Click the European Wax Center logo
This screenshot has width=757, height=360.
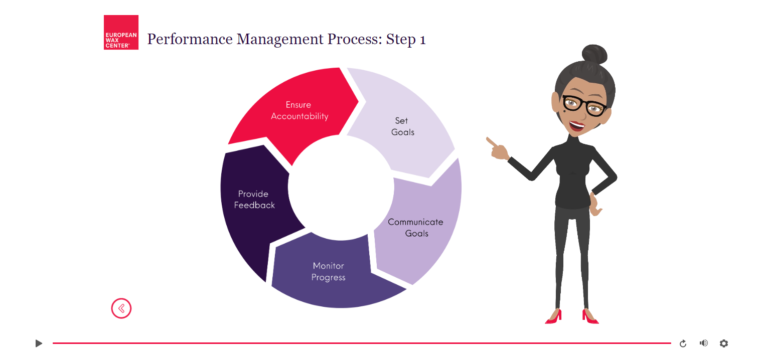[121, 33]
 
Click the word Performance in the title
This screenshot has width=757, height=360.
[190, 39]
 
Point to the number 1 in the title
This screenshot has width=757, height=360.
[422, 40]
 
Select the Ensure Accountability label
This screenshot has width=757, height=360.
[299, 110]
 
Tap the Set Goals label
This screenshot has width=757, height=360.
[402, 126]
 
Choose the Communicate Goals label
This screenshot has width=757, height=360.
[416, 228]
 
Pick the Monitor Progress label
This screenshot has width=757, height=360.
[329, 272]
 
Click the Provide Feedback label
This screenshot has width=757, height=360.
[254, 199]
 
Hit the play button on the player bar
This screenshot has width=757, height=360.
[39, 343]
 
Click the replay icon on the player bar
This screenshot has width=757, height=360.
[683, 343]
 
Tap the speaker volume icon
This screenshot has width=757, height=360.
[704, 343]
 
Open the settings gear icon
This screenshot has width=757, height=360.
[724, 343]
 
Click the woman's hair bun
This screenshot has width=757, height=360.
[594, 54]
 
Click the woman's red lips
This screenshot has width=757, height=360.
[576, 126]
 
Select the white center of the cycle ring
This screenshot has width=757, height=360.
[341, 188]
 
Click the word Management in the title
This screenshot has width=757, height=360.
[280, 40]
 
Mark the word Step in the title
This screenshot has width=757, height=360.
[401, 40]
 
